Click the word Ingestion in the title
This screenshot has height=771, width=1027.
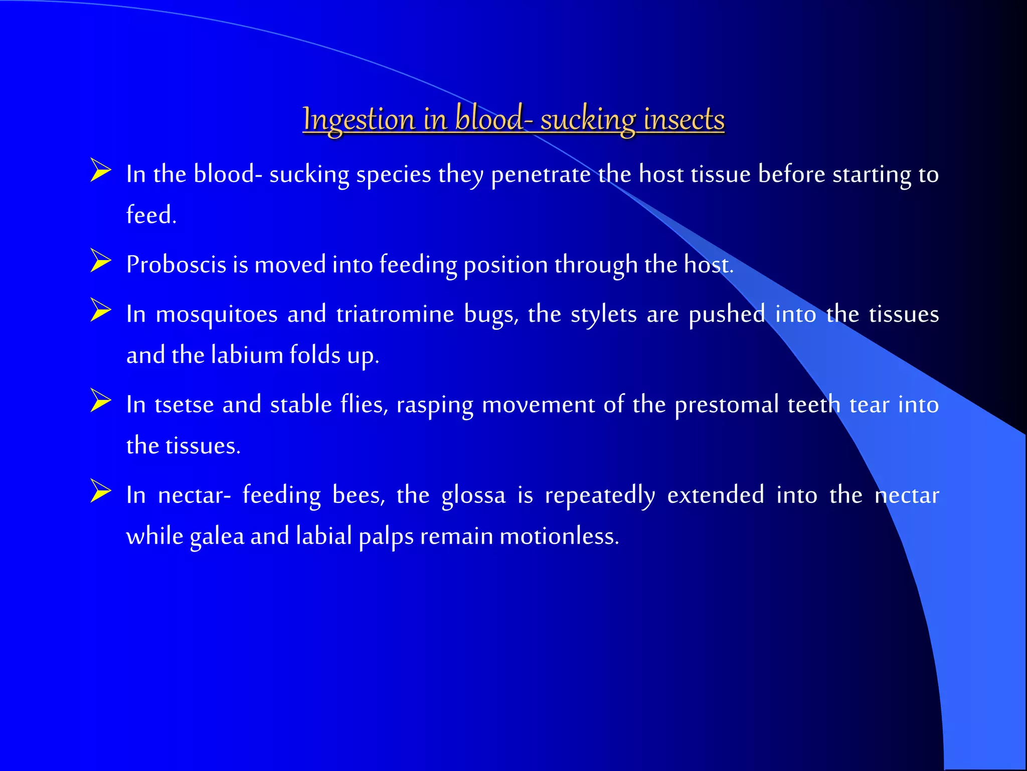(x=359, y=120)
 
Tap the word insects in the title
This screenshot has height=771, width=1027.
(x=684, y=120)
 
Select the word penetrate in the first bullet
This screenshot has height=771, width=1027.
(x=541, y=175)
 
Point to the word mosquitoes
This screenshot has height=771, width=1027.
(x=217, y=315)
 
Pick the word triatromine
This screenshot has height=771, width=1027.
(x=395, y=315)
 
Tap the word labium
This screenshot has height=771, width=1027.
(x=247, y=355)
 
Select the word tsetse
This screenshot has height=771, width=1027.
(x=184, y=405)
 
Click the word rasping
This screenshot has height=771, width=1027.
(x=435, y=406)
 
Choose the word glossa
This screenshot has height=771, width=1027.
(x=473, y=496)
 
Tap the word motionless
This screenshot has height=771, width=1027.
(x=559, y=536)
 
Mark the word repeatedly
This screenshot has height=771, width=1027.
(x=600, y=496)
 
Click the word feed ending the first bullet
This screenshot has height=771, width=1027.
(x=150, y=215)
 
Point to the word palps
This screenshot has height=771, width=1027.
(x=386, y=537)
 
